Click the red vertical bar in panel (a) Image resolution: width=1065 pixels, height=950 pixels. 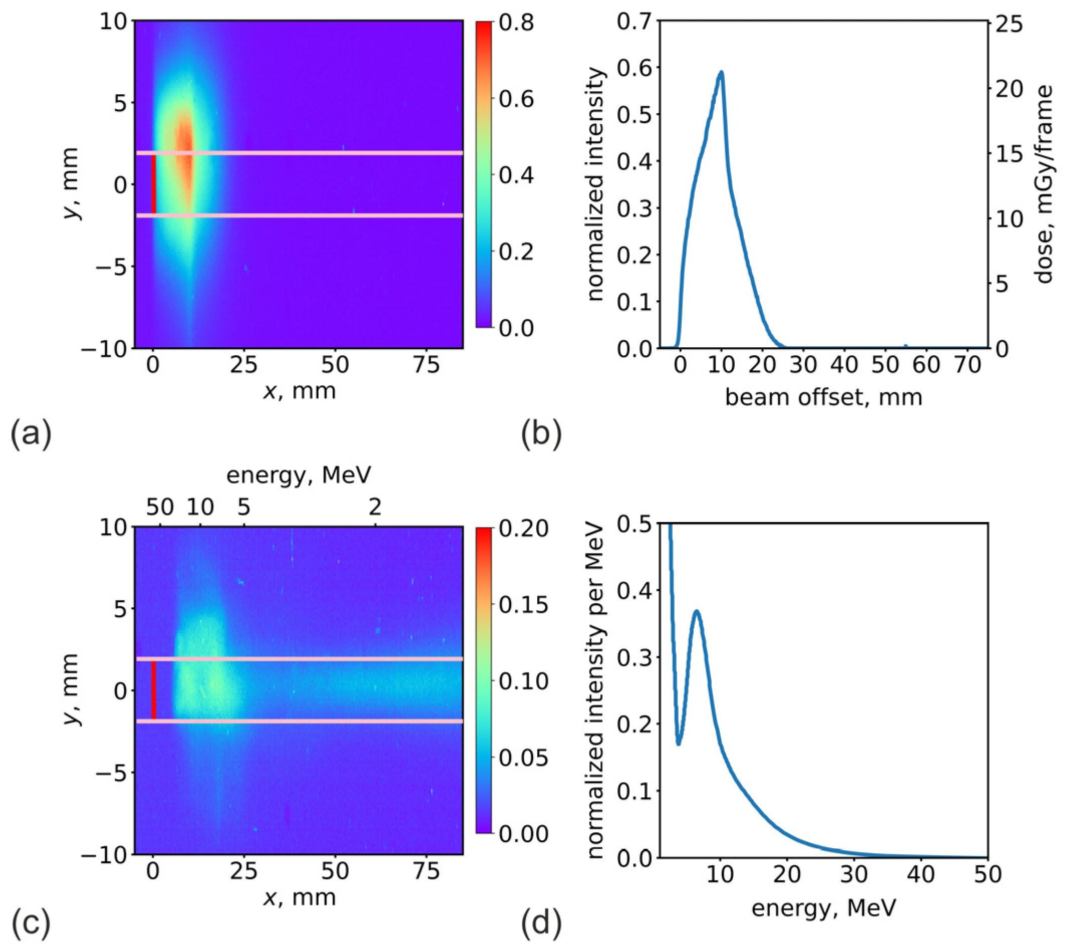coord(153,184)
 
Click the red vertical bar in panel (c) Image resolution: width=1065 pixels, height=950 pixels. coord(153,689)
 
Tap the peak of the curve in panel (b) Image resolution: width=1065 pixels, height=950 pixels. coord(721,72)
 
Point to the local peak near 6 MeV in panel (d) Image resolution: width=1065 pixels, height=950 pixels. coord(697,611)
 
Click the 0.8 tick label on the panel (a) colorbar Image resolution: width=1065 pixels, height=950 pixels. coord(516,23)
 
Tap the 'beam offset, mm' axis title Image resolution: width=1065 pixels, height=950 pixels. coord(824,398)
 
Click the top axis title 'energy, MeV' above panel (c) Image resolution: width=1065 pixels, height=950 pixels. coord(299,475)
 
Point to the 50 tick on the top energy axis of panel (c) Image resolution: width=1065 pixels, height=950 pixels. coord(160,507)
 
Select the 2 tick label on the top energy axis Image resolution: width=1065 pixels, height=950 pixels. coord(375,507)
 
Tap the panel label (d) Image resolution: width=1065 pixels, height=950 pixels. coord(541,923)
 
